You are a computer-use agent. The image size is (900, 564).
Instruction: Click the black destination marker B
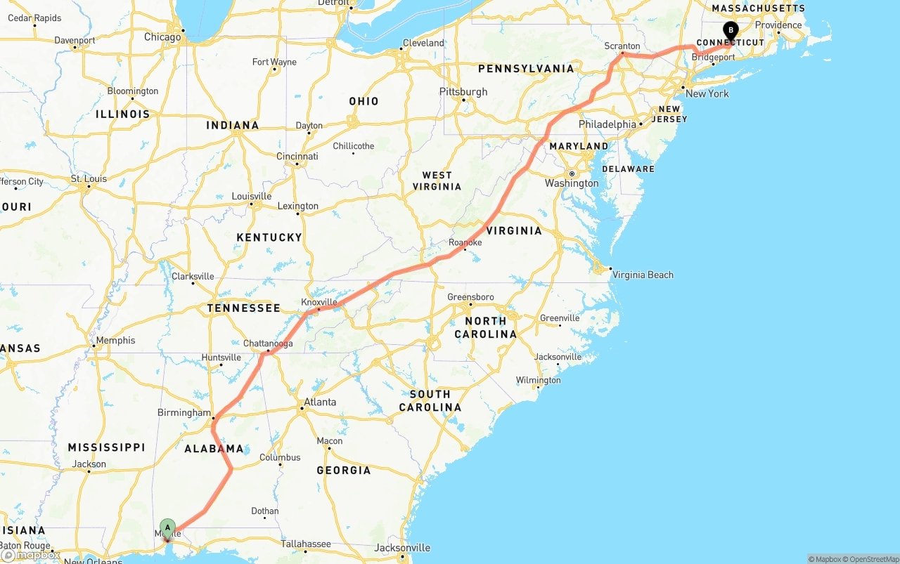pos(731,30)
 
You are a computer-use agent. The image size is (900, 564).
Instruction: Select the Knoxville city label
pos(319,302)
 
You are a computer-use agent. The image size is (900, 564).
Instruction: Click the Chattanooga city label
pos(268,343)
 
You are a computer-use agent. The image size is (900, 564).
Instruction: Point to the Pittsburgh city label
pos(463,91)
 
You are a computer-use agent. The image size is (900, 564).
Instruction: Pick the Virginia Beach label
pos(643,275)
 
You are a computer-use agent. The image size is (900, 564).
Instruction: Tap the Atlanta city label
pos(319,402)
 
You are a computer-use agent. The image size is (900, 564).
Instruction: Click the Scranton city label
pos(622,46)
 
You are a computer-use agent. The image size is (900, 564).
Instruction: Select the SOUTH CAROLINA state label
pos(430,400)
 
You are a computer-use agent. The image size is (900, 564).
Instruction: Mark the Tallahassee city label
pos(306,544)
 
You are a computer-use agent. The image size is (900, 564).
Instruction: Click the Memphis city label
pos(115,340)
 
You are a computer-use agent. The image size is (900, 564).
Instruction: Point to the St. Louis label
pos(89,178)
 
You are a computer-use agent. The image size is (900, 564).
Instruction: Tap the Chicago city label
pos(162,37)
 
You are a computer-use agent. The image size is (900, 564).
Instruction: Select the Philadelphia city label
pos(607,124)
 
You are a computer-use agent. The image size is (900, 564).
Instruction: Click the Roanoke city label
pos(465,242)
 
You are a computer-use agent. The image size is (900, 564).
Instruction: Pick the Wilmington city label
pos(539,380)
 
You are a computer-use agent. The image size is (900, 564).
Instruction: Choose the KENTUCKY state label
pos(269,237)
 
